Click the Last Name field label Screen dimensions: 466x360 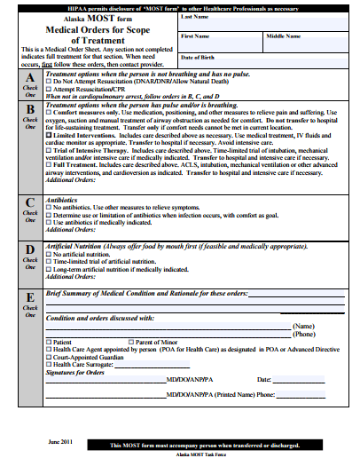[x=194, y=17]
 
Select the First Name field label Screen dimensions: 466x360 [x=195, y=36]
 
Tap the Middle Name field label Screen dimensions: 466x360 [x=283, y=36]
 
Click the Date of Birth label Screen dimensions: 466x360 [x=198, y=57]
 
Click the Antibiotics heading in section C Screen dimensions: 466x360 [x=62, y=199]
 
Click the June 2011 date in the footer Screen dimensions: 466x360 [x=59, y=441]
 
